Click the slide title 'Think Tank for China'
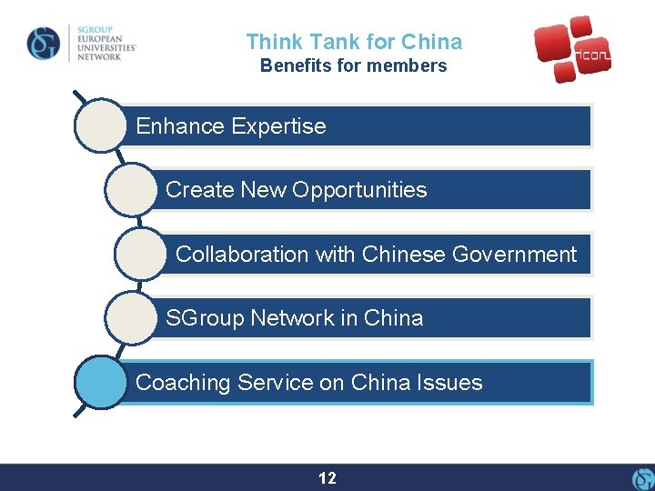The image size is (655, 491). click(354, 42)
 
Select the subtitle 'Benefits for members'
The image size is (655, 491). click(354, 65)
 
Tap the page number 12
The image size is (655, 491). click(327, 478)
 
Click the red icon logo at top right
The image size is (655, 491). click(571, 49)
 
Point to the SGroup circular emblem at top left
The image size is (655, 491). click(44, 43)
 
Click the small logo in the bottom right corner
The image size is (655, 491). click(641, 478)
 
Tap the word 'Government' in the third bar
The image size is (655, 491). click(516, 255)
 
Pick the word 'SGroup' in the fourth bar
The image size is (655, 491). click(205, 318)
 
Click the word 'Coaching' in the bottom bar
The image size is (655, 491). click(183, 383)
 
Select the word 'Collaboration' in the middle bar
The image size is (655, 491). click(242, 255)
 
